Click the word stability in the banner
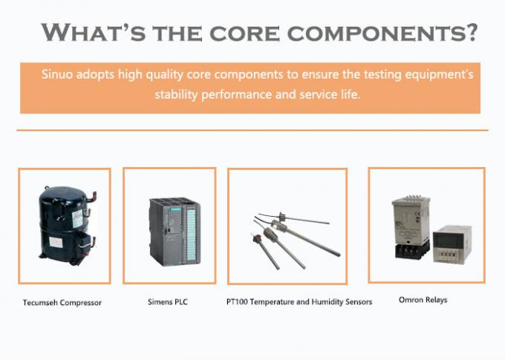(x=176, y=95)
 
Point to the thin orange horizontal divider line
(x=252, y=130)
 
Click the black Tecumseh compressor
(x=67, y=225)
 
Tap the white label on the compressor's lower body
(x=56, y=242)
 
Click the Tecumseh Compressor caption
(x=62, y=303)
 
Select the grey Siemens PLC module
(x=175, y=232)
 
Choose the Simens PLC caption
(x=168, y=302)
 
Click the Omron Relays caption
(x=423, y=300)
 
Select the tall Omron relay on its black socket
(x=411, y=227)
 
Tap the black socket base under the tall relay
(x=411, y=250)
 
